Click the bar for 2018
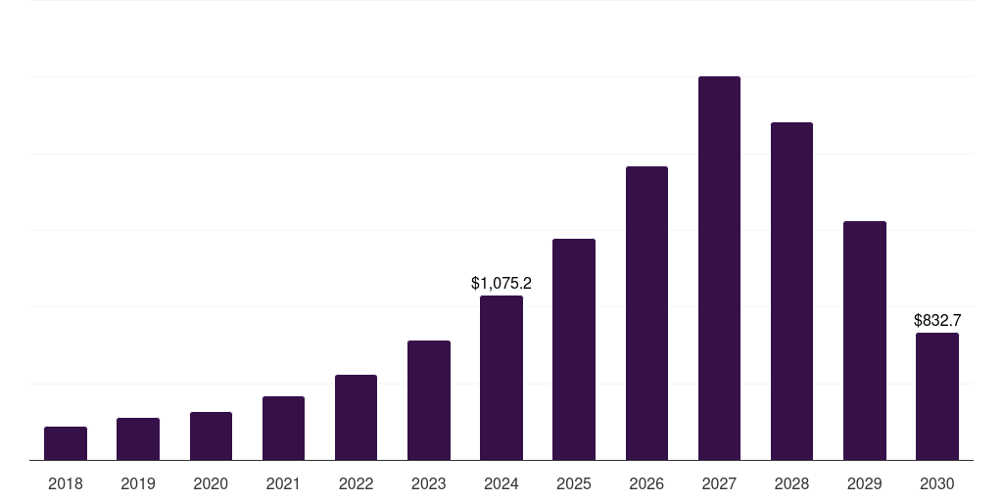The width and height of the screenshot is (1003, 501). pos(66,443)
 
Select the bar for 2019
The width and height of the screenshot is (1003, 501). pos(138,439)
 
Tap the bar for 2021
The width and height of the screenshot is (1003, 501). pos(283,429)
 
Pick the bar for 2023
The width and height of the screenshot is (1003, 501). pos(429,400)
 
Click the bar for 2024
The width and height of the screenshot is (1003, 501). pos(501,378)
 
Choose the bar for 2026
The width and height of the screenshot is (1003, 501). pos(646,313)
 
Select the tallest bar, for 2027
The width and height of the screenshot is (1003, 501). pos(719,268)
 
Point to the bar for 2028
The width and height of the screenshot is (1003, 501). pos(791,291)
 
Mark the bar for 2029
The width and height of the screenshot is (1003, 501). pos(865,341)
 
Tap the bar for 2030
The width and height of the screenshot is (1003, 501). pos(937,396)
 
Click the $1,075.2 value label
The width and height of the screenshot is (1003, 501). pos(501,284)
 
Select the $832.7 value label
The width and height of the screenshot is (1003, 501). pos(937,320)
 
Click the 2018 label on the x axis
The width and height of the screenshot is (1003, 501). pos(66,483)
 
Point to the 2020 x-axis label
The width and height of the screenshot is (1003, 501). pos(211,483)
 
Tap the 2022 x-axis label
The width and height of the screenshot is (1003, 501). pos(356,483)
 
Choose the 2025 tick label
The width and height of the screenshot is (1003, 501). pos(574,483)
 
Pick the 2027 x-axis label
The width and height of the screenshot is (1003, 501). pos(719,483)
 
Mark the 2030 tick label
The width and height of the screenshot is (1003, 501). pos(937,483)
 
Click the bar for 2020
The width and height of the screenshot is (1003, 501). pos(211,436)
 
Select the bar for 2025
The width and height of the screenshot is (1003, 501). pos(574,349)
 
